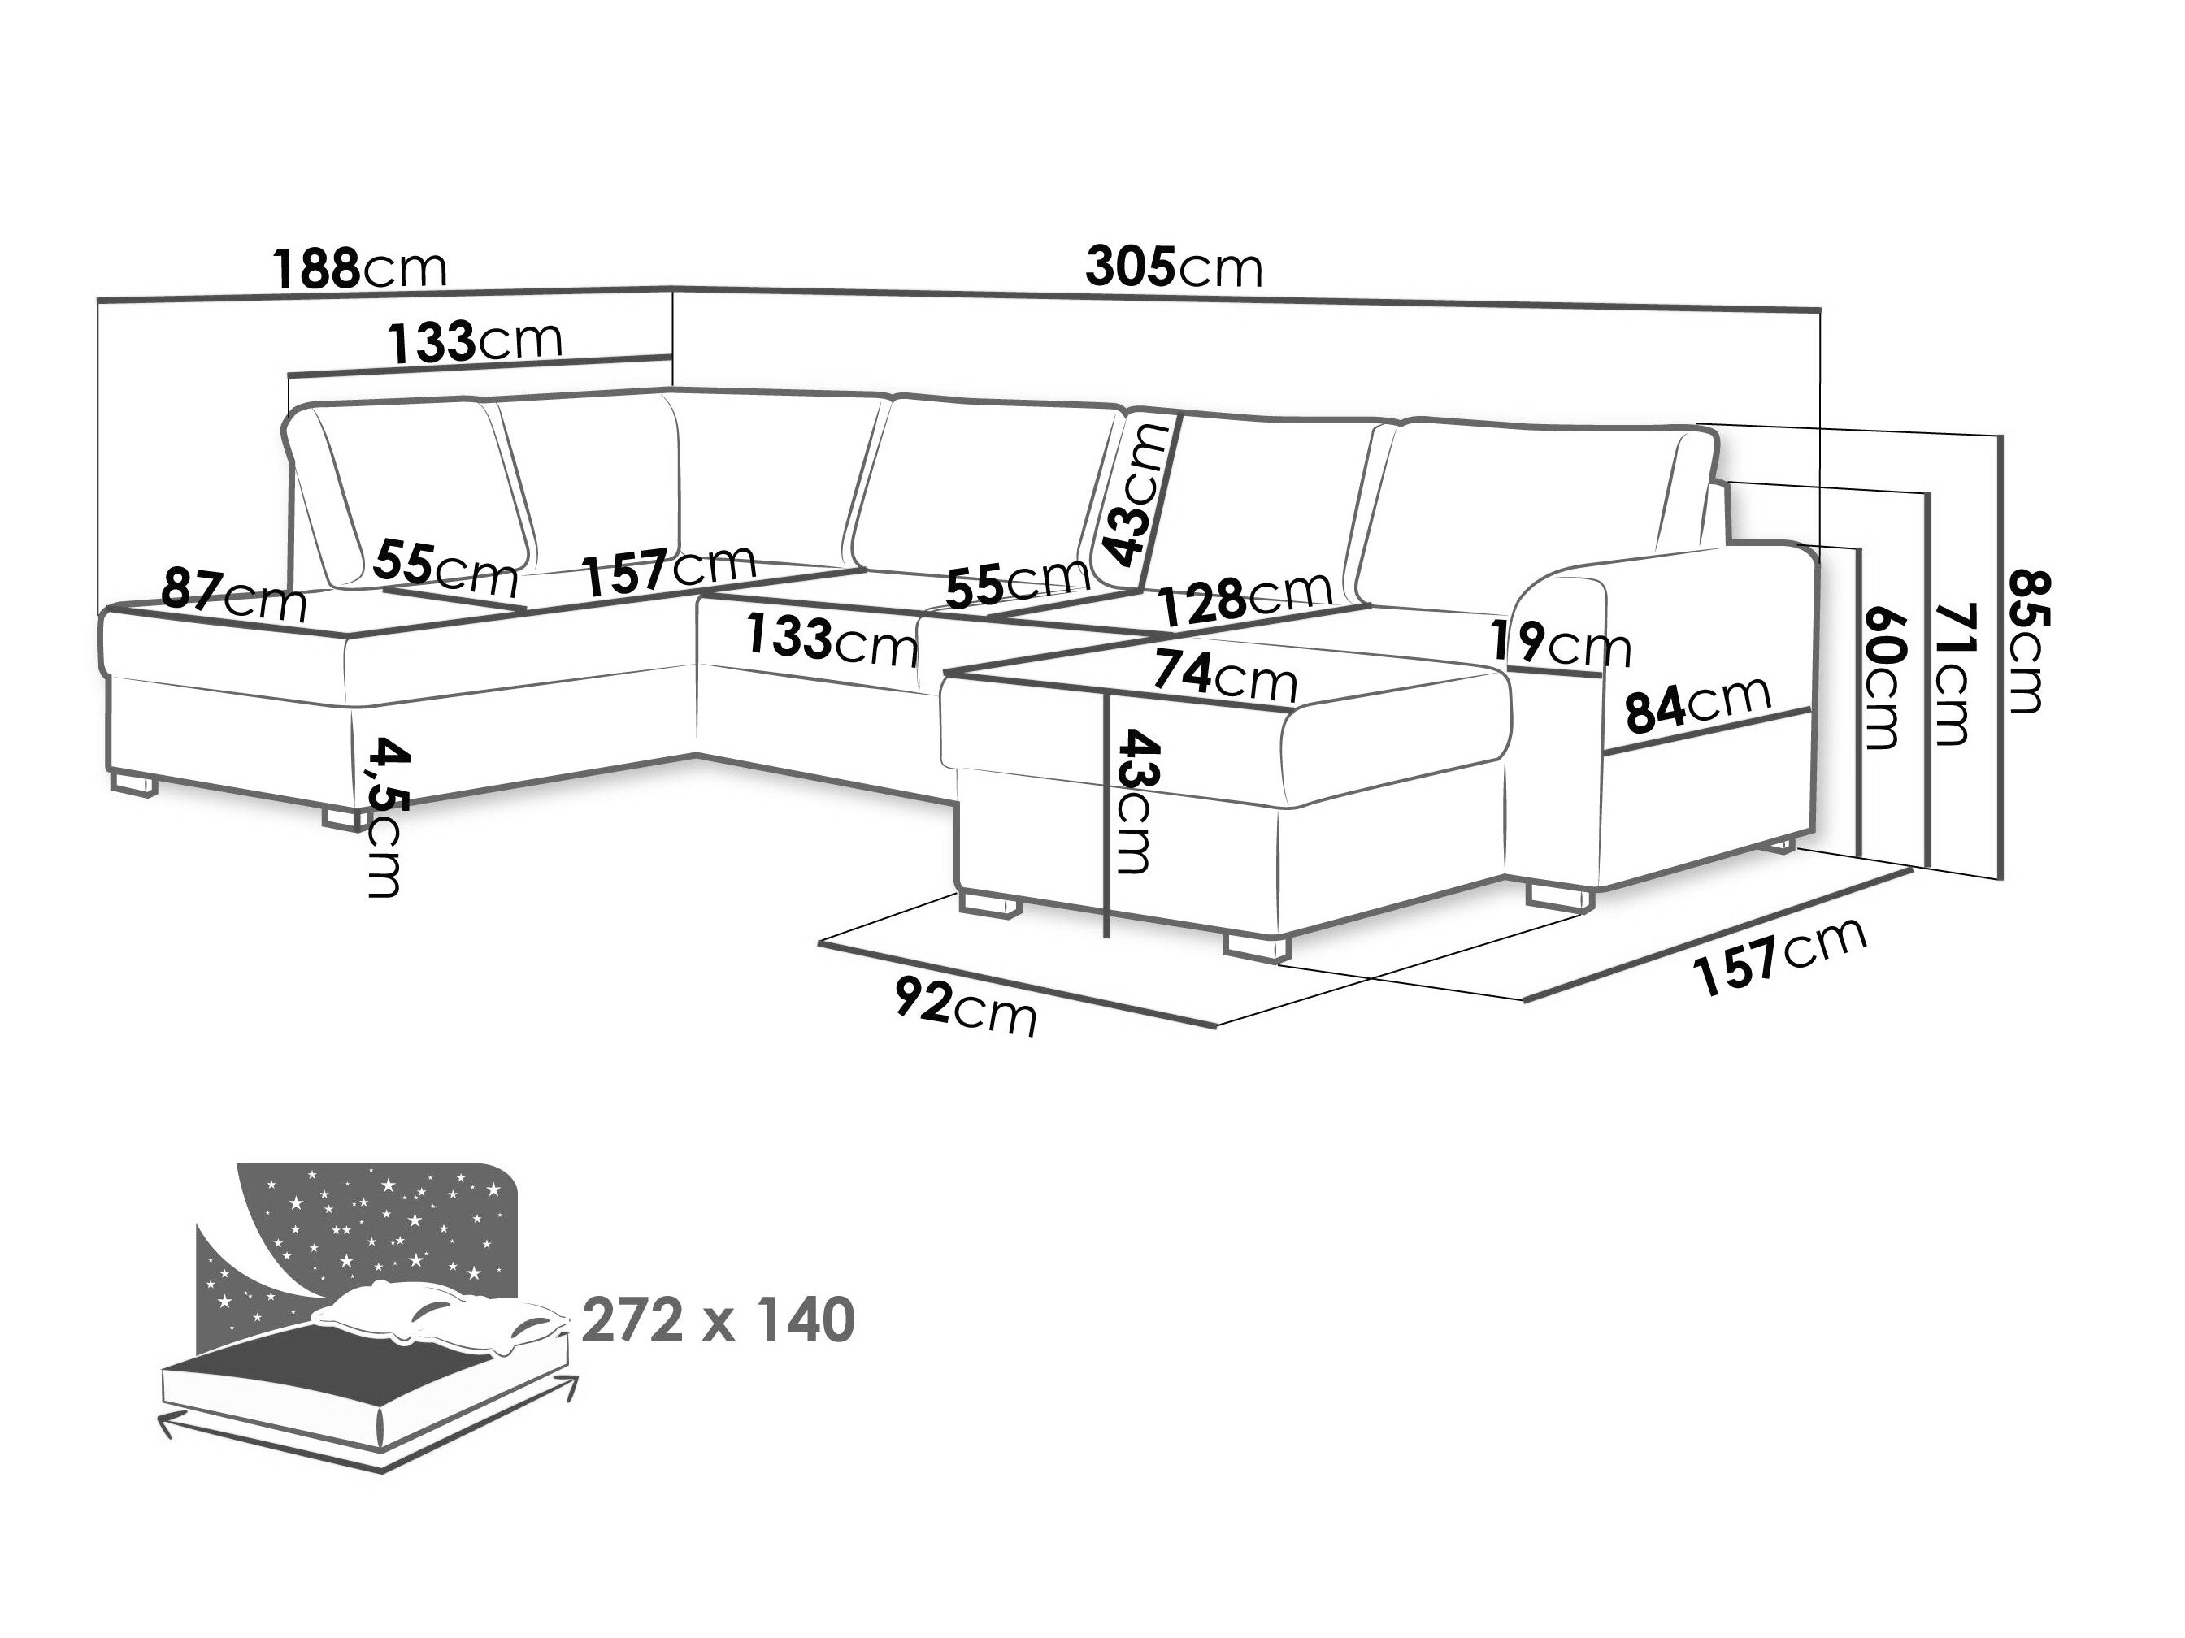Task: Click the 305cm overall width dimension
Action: pyautogui.click(x=1174, y=266)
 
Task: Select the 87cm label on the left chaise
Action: pyautogui.click(x=234, y=593)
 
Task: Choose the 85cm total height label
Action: pyautogui.click(x=2028, y=641)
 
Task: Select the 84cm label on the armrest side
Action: pyautogui.click(x=1698, y=703)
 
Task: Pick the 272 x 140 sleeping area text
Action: pyautogui.click(x=718, y=1320)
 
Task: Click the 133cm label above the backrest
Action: pyautogui.click(x=474, y=340)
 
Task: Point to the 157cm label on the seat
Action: pyautogui.click(x=669, y=569)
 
